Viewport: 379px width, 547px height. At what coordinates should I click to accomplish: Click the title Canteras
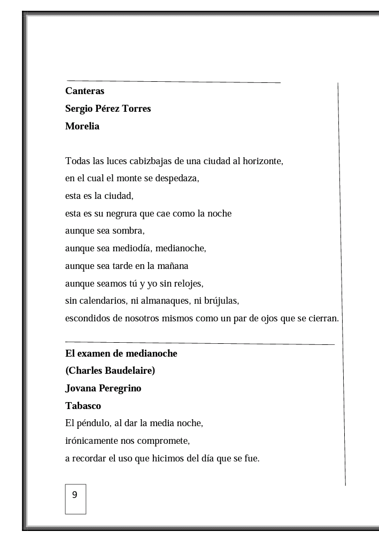84,91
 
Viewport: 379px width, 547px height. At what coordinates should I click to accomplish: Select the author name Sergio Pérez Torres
108,109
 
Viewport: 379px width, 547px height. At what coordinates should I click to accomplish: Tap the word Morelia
82,126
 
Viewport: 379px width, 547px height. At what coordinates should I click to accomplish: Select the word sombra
127,231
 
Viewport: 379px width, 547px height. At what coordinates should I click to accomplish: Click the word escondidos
87,319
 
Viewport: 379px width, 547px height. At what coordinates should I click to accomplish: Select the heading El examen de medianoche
121,353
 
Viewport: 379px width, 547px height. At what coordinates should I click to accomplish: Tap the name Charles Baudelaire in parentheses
110,371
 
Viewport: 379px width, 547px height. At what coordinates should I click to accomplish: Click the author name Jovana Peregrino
103,388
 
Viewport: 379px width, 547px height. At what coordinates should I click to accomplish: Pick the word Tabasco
83,406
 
